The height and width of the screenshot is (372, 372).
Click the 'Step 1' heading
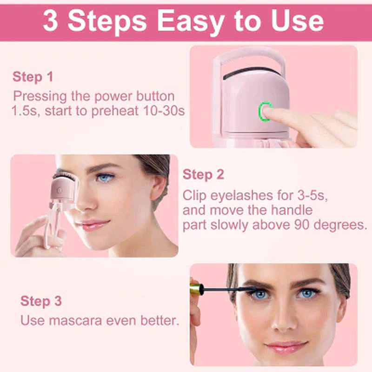pyautogui.click(x=33, y=77)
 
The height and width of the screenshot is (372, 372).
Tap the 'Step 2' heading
pyautogui.click(x=203, y=175)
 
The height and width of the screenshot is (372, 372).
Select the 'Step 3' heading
pyautogui.click(x=41, y=301)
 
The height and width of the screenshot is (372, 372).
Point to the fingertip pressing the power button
pyautogui.click(x=272, y=113)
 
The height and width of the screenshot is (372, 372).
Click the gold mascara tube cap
pyautogui.click(x=196, y=289)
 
